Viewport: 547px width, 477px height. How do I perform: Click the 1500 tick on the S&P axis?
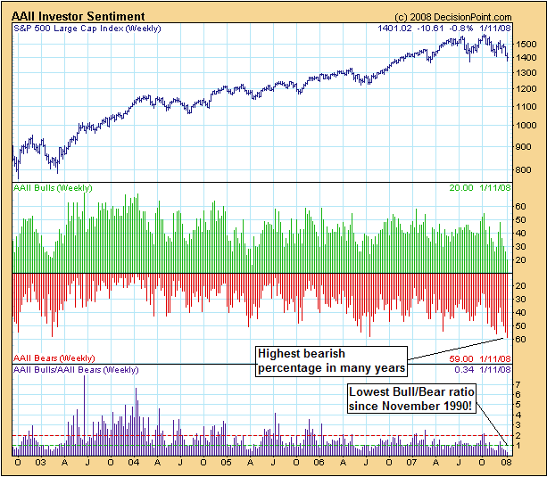(x=526, y=44)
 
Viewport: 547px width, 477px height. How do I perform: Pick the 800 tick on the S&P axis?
(x=524, y=169)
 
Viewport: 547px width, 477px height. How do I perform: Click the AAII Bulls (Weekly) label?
(x=53, y=189)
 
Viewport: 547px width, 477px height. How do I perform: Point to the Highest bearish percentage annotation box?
(x=331, y=360)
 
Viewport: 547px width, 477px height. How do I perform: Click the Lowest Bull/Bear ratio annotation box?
(x=410, y=399)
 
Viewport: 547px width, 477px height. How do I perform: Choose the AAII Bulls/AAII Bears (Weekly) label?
(x=75, y=369)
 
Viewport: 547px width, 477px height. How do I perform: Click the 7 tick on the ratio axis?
(x=518, y=383)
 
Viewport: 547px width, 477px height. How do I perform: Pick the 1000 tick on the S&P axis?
(x=526, y=125)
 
